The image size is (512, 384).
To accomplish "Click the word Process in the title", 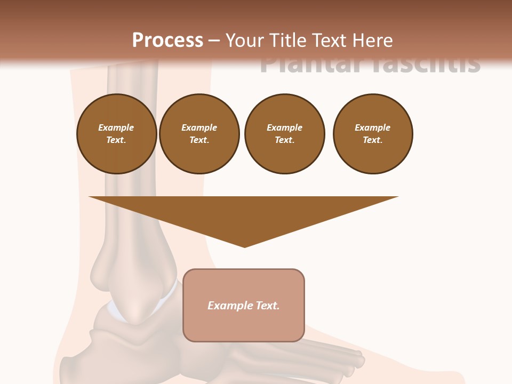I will coord(167,41).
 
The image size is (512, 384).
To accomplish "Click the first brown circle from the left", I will coord(117,134).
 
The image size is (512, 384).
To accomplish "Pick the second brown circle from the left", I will coord(199,134).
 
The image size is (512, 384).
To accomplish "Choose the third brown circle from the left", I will coord(285,134).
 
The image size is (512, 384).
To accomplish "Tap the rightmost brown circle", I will coord(373,134).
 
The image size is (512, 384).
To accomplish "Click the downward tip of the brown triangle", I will coord(245,246).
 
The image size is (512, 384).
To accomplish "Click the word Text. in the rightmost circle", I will coord(373,140).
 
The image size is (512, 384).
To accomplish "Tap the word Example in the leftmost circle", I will coord(116,127).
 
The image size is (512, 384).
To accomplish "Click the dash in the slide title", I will coord(214,41).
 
